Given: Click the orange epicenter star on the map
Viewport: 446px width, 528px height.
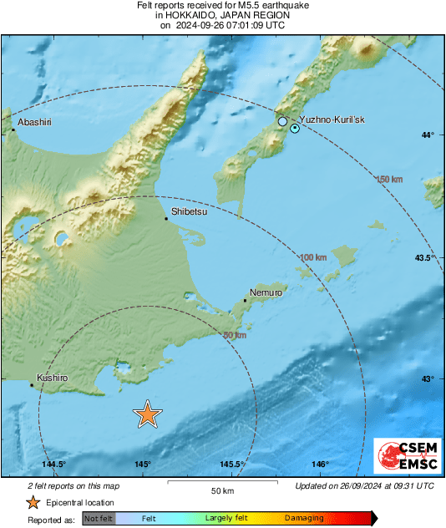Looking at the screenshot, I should click(x=148, y=414).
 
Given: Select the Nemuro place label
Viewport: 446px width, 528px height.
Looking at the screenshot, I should click(x=266, y=293).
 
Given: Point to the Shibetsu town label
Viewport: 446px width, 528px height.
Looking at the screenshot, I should click(x=189, y=212).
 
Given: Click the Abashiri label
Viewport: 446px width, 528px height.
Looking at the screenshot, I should click(x=34, y=122).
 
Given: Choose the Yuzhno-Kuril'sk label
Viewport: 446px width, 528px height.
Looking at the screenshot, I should click(x=332, y=120).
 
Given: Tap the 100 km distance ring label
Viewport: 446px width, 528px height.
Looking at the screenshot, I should click(x=313, y=256).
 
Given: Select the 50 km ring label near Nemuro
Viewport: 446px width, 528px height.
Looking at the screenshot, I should click(x=236, y=335).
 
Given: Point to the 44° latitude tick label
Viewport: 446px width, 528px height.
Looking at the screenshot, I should click(x=428, y=135).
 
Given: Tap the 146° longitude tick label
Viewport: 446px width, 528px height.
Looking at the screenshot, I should click(x=320, y=465).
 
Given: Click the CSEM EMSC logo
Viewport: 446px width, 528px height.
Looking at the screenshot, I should click(x=403, y=457).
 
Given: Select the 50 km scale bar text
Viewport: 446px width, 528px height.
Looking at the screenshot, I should click(x=221, y=490).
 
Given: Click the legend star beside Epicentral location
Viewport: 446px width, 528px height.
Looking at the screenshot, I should click(x=33, y=502).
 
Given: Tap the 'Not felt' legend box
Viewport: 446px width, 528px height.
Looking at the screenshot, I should click(x=99, y=518).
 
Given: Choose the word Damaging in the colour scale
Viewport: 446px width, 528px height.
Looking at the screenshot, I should click(x=304, y=518).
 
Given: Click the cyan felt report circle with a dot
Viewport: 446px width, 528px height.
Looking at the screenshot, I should click(x=295, y=128).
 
